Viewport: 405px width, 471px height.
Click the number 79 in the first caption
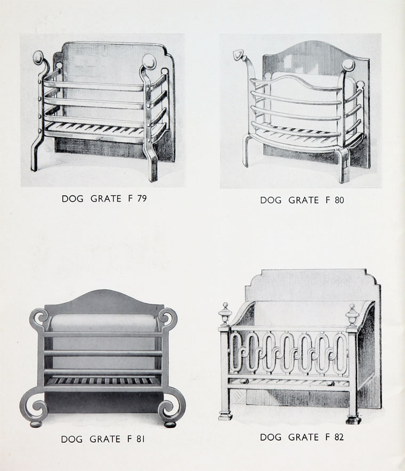coord(142,199)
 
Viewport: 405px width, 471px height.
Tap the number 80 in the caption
coord(339,200)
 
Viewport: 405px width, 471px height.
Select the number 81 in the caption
coord(141,439)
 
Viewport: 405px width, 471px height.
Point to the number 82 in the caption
coord(339,437)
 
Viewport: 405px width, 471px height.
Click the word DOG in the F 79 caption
coord(72,199)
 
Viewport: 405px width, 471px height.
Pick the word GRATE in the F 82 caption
coord(303,437)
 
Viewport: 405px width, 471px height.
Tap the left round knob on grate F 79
coord(38,57)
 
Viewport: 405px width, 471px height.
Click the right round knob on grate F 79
coord(149,62)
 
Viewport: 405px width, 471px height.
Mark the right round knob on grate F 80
coord(349,65)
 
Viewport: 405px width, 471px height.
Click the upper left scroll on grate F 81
coord(39,318)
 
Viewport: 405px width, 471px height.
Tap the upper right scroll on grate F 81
coord(167,318)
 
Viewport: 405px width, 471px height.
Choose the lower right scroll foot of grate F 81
coord(172,407)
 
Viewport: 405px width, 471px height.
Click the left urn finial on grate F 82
coord(225,314)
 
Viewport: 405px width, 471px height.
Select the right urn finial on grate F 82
coord(352,315)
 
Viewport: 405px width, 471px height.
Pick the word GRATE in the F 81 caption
coord(105,439)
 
